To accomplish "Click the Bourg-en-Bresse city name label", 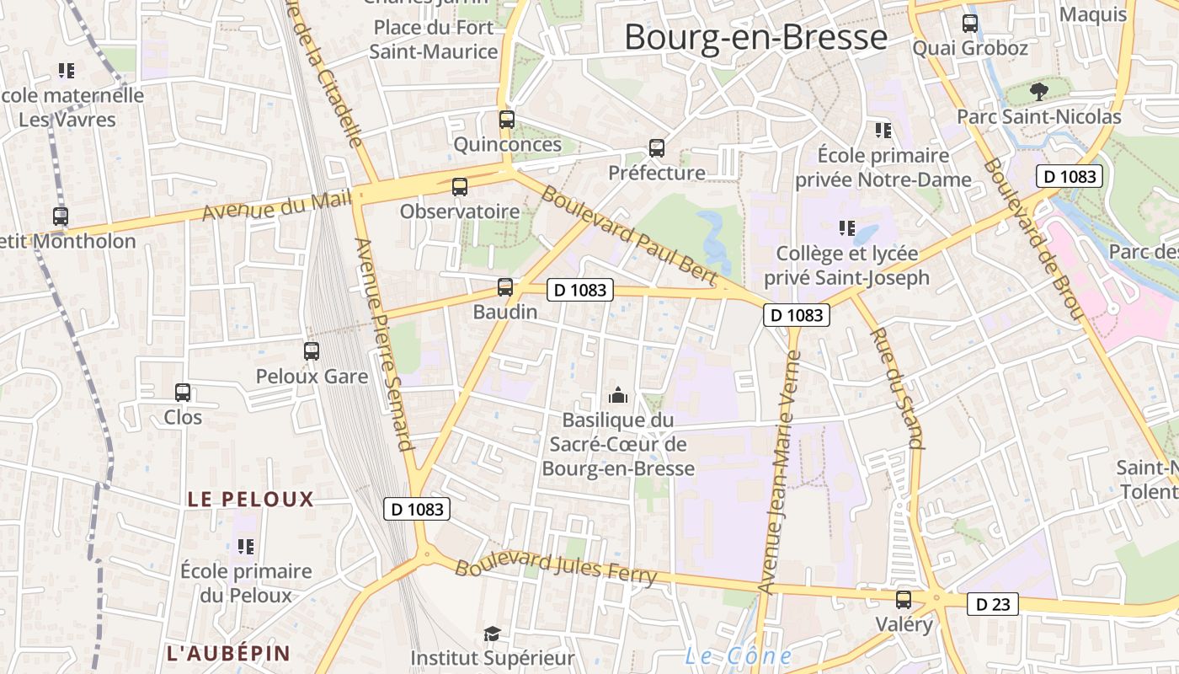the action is (x=755, y=38).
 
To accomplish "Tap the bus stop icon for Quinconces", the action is (x=506, y=120).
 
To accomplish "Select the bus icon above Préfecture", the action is (x=657, y=148).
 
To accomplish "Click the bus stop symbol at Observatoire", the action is (x=459, y=187).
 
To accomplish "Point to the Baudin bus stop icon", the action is (x=504, y=287).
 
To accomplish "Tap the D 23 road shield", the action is (x=992, y=604).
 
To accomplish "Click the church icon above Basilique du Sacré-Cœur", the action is (x=618, y=394).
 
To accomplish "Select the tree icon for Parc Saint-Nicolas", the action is (x=1038, y=91).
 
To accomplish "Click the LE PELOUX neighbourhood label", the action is (x=250, y=499).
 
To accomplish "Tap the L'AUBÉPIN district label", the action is (x=228, y=653).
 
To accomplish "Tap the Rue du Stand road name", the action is (x=896, y=388).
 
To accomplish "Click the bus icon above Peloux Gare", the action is (x=312, y=350).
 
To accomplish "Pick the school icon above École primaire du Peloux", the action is (x=246, y=547).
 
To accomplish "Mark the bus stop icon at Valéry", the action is (x=904, y=600).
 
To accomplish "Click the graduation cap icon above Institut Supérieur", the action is (x=492, y=634).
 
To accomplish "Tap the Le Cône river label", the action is (x=738, y=656).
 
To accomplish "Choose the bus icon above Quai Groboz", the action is (x=970, y=24).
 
